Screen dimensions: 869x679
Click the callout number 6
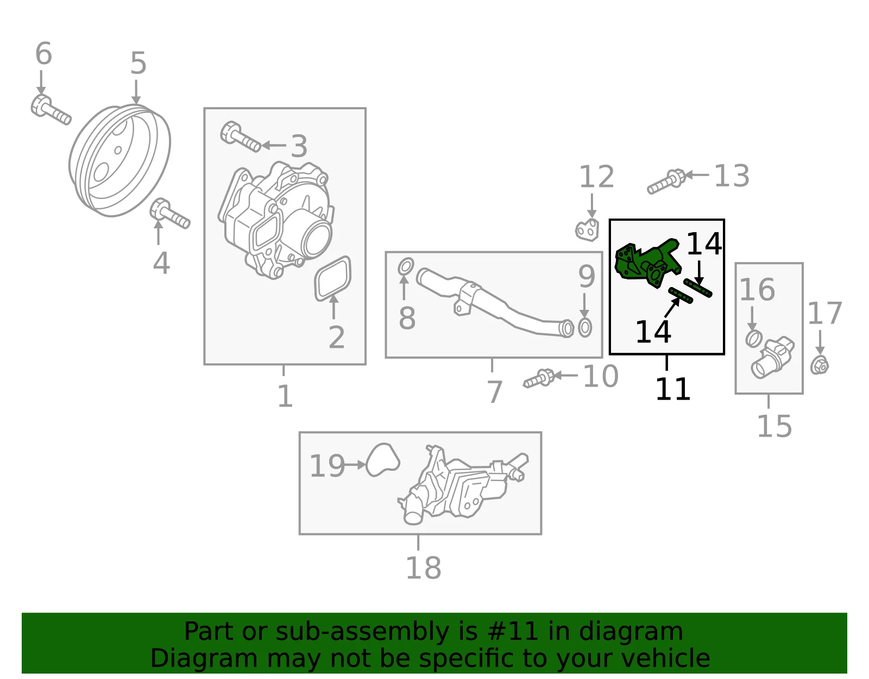43,53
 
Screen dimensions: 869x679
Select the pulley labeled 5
119,160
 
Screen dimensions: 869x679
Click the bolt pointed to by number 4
169,214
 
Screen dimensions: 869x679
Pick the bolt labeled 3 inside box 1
240,137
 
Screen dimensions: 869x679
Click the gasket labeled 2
333,278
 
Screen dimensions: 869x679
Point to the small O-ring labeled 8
406,267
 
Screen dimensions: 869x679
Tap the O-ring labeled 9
584,328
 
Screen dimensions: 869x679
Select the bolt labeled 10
539,378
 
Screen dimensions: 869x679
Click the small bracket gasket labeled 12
587,231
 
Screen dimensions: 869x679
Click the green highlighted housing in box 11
648,263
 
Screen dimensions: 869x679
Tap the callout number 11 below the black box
672,389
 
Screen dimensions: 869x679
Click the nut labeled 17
820,365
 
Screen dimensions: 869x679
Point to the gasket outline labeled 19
383,460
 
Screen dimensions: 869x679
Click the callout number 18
423,568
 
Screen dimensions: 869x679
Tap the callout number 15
774,426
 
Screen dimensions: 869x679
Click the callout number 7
494,392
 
